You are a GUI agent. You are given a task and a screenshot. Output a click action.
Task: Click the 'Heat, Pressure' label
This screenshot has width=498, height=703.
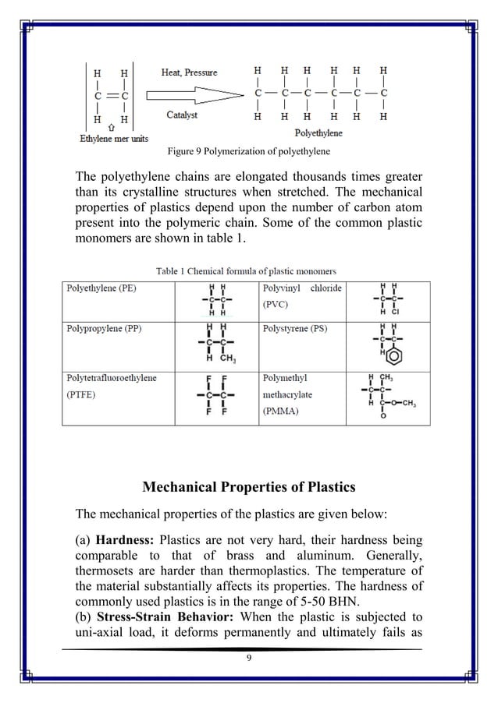[x=189, y=72]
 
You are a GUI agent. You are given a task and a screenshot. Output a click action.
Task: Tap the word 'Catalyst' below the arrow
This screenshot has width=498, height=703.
[x=182, y=115]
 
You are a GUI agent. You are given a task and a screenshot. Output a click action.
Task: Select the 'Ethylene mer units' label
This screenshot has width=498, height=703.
[x=114, y=139]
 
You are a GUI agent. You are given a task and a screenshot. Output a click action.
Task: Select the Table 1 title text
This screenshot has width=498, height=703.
[x=246, y=271]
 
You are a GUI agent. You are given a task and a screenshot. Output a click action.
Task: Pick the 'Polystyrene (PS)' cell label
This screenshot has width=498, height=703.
[x=294, y=330]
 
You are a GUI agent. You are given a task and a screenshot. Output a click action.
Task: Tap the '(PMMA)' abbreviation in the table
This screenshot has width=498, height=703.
[x=280, y=411]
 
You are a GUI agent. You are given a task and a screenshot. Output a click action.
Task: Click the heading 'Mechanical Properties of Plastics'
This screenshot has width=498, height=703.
[x=248, y=488]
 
